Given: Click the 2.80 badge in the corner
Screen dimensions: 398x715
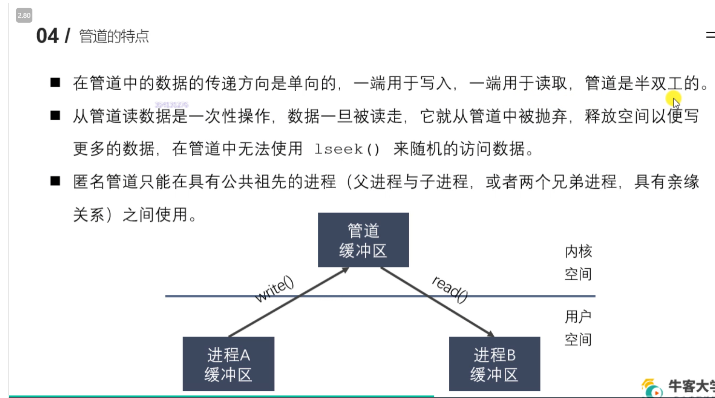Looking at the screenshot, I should (24, 15).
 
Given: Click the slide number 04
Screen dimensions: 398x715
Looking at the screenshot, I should (47, 36).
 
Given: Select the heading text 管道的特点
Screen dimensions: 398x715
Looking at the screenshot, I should (114, 36).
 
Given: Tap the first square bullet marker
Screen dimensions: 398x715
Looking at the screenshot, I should (55, 82).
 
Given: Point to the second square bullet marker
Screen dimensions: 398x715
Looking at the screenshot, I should (55, 115).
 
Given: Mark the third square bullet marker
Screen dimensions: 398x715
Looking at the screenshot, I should (55, 181).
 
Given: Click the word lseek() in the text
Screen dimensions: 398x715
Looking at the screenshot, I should (347, 149).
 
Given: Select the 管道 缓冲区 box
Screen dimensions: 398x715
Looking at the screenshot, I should (363, 240).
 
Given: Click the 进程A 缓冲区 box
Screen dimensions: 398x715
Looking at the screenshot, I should (229, 364).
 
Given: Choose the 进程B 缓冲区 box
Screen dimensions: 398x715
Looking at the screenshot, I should (494, 364).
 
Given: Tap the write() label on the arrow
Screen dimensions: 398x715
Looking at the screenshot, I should (274, 289).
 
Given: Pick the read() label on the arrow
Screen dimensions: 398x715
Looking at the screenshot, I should (450, 289).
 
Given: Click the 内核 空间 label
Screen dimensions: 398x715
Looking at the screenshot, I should (578, 262).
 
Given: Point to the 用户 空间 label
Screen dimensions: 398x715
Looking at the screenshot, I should (578, 328).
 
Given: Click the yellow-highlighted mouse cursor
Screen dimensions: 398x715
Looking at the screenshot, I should (673, 101).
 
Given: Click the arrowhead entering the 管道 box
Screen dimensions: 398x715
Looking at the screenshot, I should (345, 270).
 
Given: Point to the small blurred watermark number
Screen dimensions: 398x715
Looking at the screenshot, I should (172, 105).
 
